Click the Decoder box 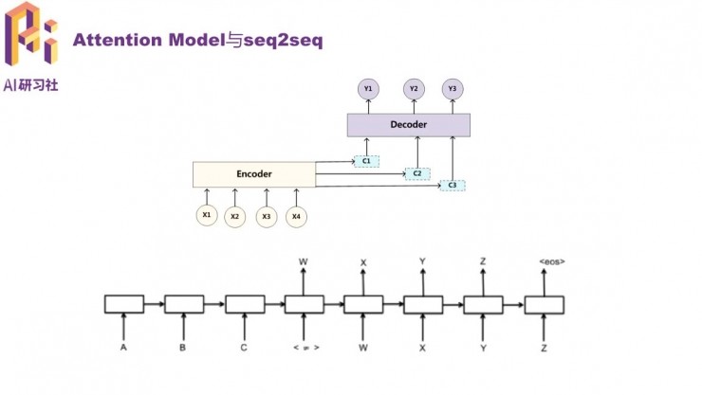[x=408, y=124]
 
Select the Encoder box [x=254, y=174]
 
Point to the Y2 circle [x=414, y=89]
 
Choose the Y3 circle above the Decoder [x=453, y=89]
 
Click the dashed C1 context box [x=366, y=162]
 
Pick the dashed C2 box [x=416, y=174]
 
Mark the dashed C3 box [x=453, y=185]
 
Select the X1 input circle [x=206, y=216]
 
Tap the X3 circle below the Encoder [x=267, y=217]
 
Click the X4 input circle [x=296, y=217]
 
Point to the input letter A [x=124, y=348]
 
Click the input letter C [x=244, y=348]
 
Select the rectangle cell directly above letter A [x=124, y=304]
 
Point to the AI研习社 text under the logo [x=31, y=85]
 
